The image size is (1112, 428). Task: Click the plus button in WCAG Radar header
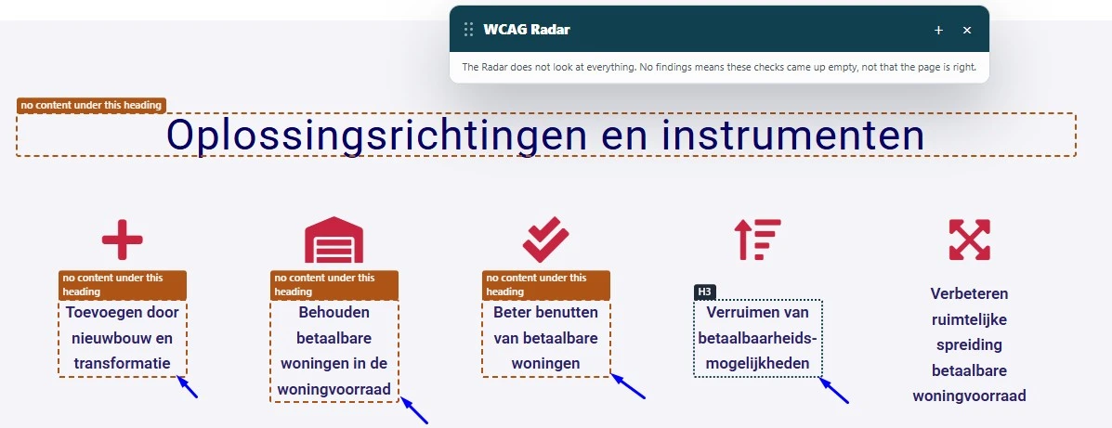pos(938,30)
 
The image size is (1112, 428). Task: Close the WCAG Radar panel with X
pos(967,30)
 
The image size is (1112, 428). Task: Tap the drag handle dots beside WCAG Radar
pos(468,29)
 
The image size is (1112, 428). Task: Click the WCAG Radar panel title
pos(526,30)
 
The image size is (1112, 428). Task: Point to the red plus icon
pos(123,240)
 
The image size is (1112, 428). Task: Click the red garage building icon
pos(334,240)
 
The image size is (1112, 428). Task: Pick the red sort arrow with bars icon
pos(757,240)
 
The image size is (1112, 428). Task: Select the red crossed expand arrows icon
pos(970,240)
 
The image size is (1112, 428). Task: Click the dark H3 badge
pos(705,292)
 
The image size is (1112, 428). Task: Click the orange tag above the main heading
pos(91,106)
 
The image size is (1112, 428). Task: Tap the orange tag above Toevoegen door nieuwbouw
pos(123,285)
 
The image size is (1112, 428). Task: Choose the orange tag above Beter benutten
pos(546,285)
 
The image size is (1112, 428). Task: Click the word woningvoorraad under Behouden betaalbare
pos(334,390)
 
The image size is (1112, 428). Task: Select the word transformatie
pos(123,364)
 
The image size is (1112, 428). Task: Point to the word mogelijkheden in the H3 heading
pos(757,364)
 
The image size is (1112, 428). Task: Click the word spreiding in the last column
pos(970,345)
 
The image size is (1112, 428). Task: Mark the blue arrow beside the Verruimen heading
pos(834,391)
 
